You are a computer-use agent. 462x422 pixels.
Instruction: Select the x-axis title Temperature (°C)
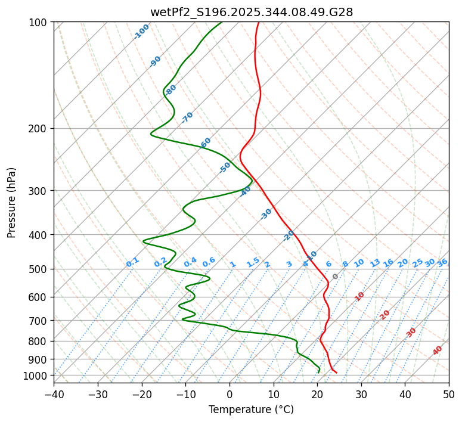pyautogui.click(x=251, y=409)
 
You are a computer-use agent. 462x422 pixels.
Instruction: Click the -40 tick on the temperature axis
pyautogui.click(x=54, y=394)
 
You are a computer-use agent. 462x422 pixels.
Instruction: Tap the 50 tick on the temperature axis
pyautogui.click(x=449, y=394)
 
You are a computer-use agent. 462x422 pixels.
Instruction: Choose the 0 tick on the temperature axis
pyautogui.click(x=230, y=394)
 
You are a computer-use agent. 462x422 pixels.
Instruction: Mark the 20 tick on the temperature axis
pyautogui.click(x=317, y=394)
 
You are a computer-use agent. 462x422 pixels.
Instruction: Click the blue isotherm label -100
pyautogui.click(x=142, y=32)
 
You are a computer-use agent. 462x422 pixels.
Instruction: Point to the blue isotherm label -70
pyautogui.click(x=188, y=117)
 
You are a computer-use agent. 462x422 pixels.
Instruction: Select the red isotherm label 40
pyautogui.click(x=438, y=350)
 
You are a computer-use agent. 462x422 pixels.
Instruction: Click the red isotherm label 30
pyautogui.click(x=411, y=332)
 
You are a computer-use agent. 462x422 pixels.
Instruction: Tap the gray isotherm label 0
pyautogui.click(x=336, y=277)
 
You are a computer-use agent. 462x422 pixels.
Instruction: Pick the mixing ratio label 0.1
pyautogui.click(x=132, y=262)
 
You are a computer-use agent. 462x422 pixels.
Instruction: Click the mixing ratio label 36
pyautogui.click(x=442, y=262)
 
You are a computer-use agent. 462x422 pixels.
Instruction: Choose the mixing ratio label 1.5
pyautogui.click(x=253, y=262)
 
